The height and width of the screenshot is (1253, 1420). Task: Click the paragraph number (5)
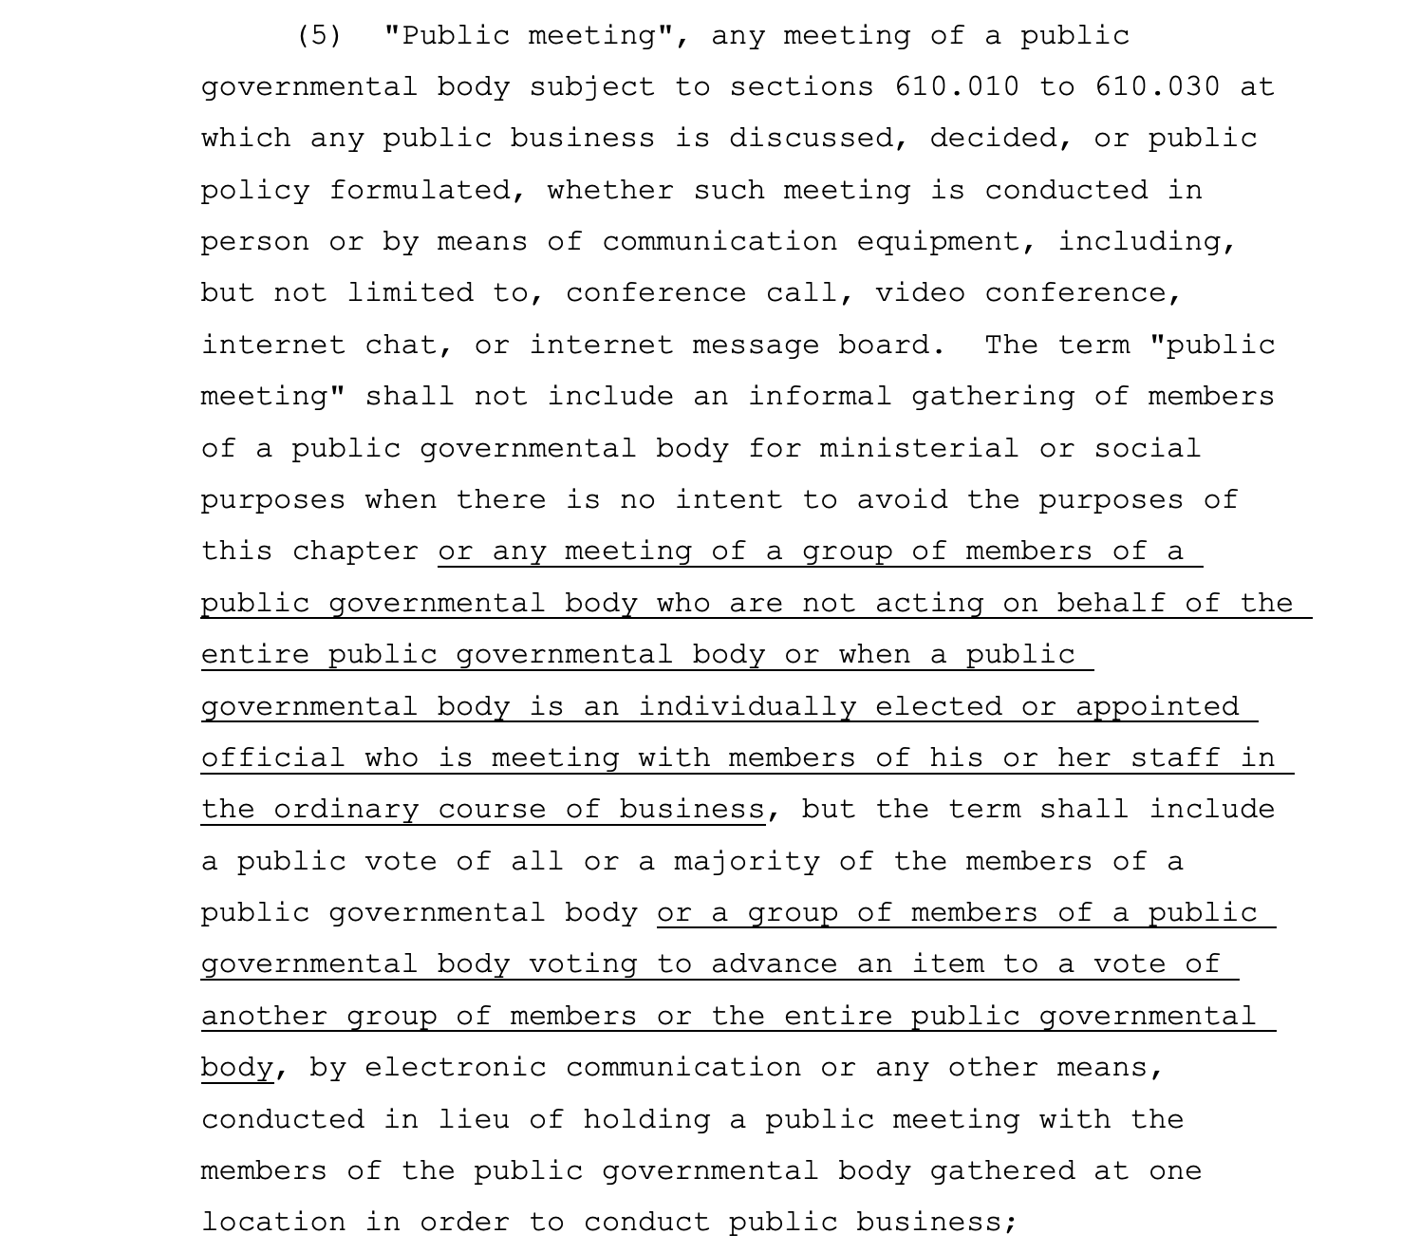point(318,36)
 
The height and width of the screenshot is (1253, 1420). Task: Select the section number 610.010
point(957,87)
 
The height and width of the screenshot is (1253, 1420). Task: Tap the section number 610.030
point(1157,87)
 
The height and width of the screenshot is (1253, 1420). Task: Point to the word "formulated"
point(427,191)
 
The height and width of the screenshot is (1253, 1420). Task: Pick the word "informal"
point(820,397)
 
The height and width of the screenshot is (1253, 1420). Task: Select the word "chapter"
point(355,552)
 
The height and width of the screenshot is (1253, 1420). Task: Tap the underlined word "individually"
point(747,707)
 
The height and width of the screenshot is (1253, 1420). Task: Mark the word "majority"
point(747,862)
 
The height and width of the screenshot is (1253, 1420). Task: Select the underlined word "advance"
point(775,964)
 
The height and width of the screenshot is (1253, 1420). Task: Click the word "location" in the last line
point(273,1223)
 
